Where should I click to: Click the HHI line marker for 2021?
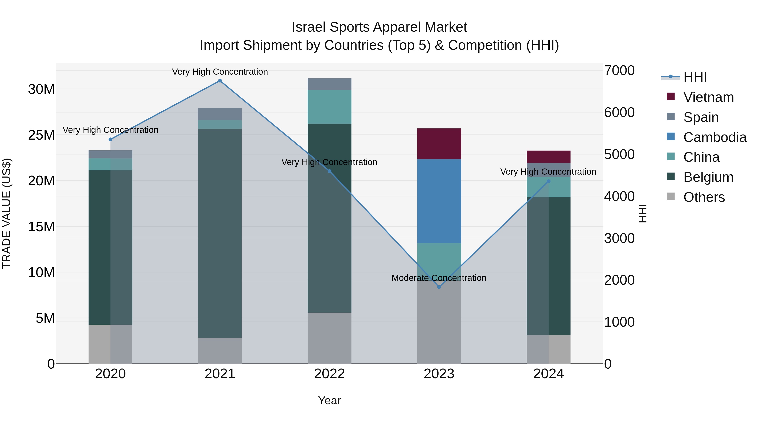pyautogui.click(x=220, y=81)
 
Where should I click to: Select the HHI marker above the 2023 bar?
pyautogui.click(x=439, y=287)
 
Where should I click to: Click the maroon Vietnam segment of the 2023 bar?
pyautogui.click(x=439, y=144)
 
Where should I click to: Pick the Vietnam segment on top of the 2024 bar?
pyautogui.click(x=548, y=157)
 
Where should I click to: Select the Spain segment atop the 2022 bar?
pyautogui.click(x=329, y=84)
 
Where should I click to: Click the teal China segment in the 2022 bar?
pyautogui.click(x=329, y=107)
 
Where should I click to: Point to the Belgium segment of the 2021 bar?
pyautogui.click(x=220, y=233)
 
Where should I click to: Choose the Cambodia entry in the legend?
pyautogui.click(x=715, y=137)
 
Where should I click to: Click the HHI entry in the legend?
pyautogui.click(x=695, y=77)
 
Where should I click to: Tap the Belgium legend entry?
pyautogui.click(x=708, y=177)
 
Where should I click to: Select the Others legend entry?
pyautogui.click(x=704, y=197)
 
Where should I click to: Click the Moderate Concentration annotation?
pyautogui.click(x=439, y=278)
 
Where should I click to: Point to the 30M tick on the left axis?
pyautogui.click(x=41, y=89)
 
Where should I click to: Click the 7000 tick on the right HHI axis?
pyautogui.click(x=619, y=71)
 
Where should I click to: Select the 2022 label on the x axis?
pyautogui.click(x=329, y=374)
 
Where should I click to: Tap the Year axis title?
pyautogui.click(x=329, y=400)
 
